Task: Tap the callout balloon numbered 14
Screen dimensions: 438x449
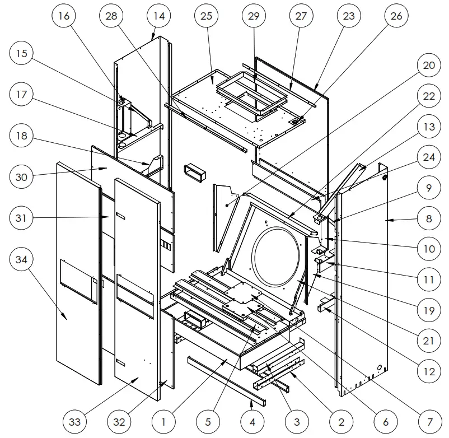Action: tap(159, 16)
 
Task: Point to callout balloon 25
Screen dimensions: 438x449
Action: tap(206, 16)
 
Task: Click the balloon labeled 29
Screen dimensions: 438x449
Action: tap(254, 16)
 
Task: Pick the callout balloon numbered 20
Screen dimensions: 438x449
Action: tap(428, 66)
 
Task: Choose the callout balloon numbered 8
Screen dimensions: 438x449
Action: tap(428, 219)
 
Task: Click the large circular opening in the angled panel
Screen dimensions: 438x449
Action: tap(277, 257)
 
